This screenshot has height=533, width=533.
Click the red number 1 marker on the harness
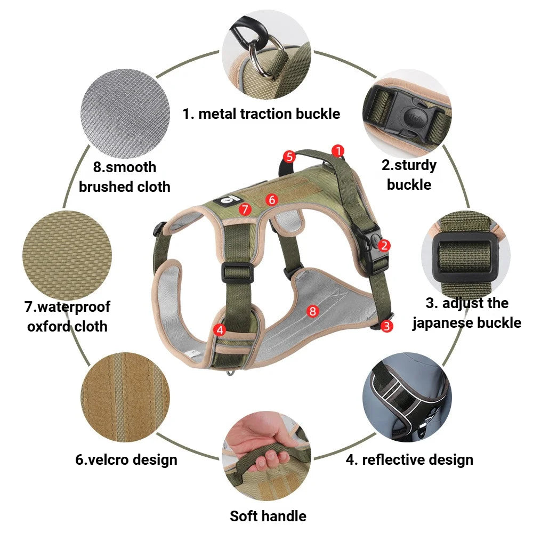[x=337, y=151]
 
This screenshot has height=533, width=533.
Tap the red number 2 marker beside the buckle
[x=384, y=245]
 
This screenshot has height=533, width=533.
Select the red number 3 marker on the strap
[x=386, y=326]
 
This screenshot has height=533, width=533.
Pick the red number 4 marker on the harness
[x=220, y=330]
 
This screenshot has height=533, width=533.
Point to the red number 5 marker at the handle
[x=289, y=157]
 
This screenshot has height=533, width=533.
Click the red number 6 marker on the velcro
[x=272, y=199]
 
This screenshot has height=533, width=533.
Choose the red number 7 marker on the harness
[x=245, y=209]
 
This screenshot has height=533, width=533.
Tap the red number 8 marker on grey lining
[x=312, y=311]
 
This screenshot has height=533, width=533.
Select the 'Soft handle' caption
[x=268, y=516]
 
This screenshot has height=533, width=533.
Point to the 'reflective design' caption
[x=418, y=460]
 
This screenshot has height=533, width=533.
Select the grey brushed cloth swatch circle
[x=125, y=114]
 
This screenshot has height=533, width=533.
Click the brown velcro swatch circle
[x=125, y=398]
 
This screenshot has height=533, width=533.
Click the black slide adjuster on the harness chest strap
[x=238, y=272]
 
